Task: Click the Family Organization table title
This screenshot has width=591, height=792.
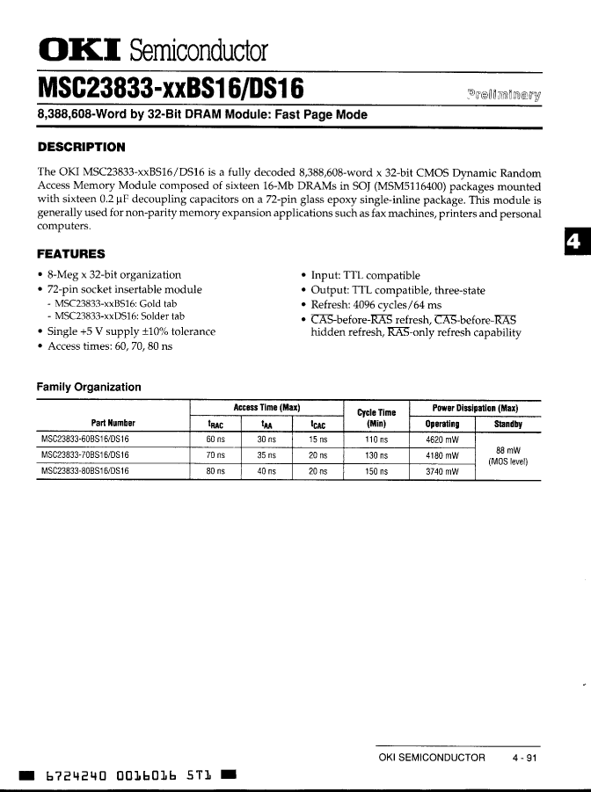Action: (x=88, y=387)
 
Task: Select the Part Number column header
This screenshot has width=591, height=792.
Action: (x=113, y=424)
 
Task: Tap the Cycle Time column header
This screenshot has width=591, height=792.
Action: (x=376, y=418)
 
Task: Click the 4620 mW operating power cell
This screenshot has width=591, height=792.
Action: (x=442, y=439)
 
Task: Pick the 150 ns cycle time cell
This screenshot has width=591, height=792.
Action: (x=376, y=471)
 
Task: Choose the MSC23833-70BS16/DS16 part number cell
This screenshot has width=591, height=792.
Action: (x=85, y=454)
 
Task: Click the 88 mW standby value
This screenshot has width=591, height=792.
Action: (x=507, y=450)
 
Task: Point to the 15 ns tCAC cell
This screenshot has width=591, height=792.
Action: (x=317, y=439)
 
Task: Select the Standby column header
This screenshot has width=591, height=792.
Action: (x=507, y=424)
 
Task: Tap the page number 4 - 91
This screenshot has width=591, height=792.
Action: (x=524, y=757)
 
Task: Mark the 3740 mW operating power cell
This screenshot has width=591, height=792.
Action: (x=442, y=471)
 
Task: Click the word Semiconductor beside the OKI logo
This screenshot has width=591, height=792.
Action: (x=198, y=50)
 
